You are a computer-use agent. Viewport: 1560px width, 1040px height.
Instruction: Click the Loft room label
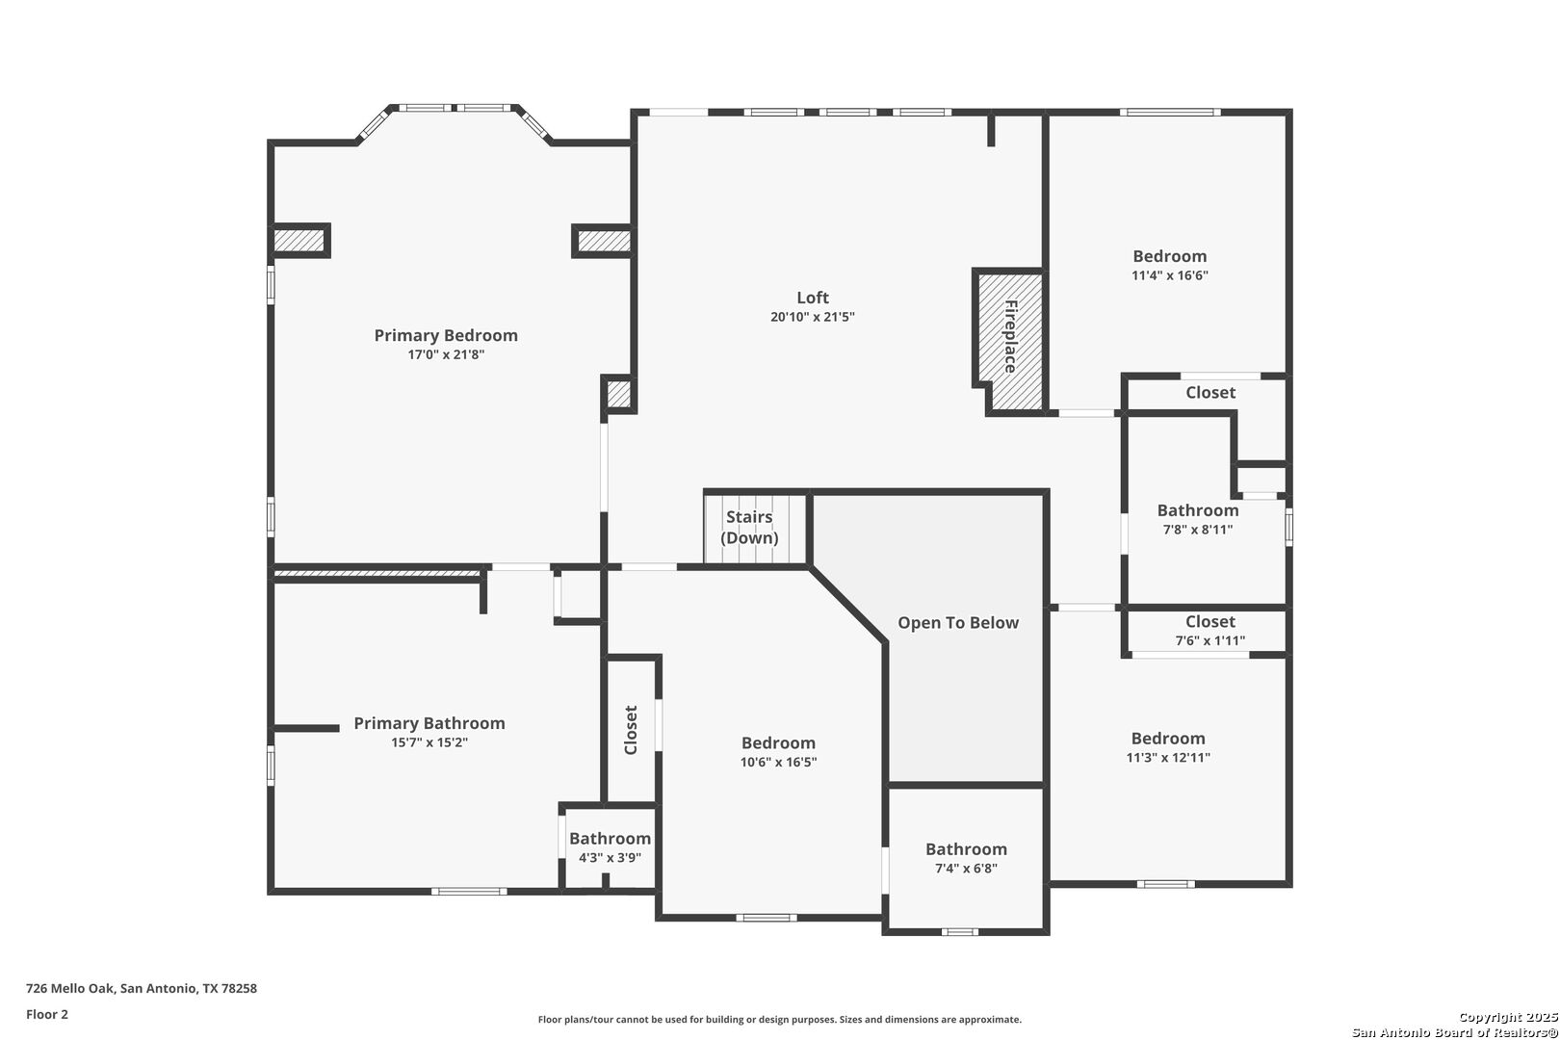(812, 298)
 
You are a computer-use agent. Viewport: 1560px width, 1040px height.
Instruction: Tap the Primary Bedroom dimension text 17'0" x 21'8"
(446, 354)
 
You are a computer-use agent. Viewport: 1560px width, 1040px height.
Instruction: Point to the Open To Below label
(957, 623)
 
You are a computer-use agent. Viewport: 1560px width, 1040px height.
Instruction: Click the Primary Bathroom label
(429, 723)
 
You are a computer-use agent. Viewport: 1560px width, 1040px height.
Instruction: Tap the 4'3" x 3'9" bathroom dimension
(610, 857)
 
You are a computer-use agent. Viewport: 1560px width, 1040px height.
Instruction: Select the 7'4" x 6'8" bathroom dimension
(966, 868)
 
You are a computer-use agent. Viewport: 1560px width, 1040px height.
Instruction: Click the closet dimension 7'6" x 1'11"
(1209, 640)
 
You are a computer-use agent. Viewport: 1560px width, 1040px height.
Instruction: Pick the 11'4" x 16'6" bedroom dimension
(1169, 275)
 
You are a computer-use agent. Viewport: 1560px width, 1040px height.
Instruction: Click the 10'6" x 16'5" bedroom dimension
(778, 762)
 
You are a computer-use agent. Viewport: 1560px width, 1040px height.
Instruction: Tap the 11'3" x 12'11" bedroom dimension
(1168, 757)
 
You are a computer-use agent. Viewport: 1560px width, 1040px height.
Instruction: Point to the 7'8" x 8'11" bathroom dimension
(1197, 530)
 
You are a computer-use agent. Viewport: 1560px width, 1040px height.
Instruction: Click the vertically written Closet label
(631, 730)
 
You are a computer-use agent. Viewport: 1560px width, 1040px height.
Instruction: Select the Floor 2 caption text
(47, 1014)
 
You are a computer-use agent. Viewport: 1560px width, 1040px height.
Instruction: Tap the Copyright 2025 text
(1507, 1017)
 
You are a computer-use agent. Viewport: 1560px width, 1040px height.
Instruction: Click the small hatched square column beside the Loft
(618, 394)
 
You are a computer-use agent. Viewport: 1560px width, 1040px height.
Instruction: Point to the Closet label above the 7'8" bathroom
(1210, 392)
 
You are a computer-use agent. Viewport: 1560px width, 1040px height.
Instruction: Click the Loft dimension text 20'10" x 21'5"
(812, 317)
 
